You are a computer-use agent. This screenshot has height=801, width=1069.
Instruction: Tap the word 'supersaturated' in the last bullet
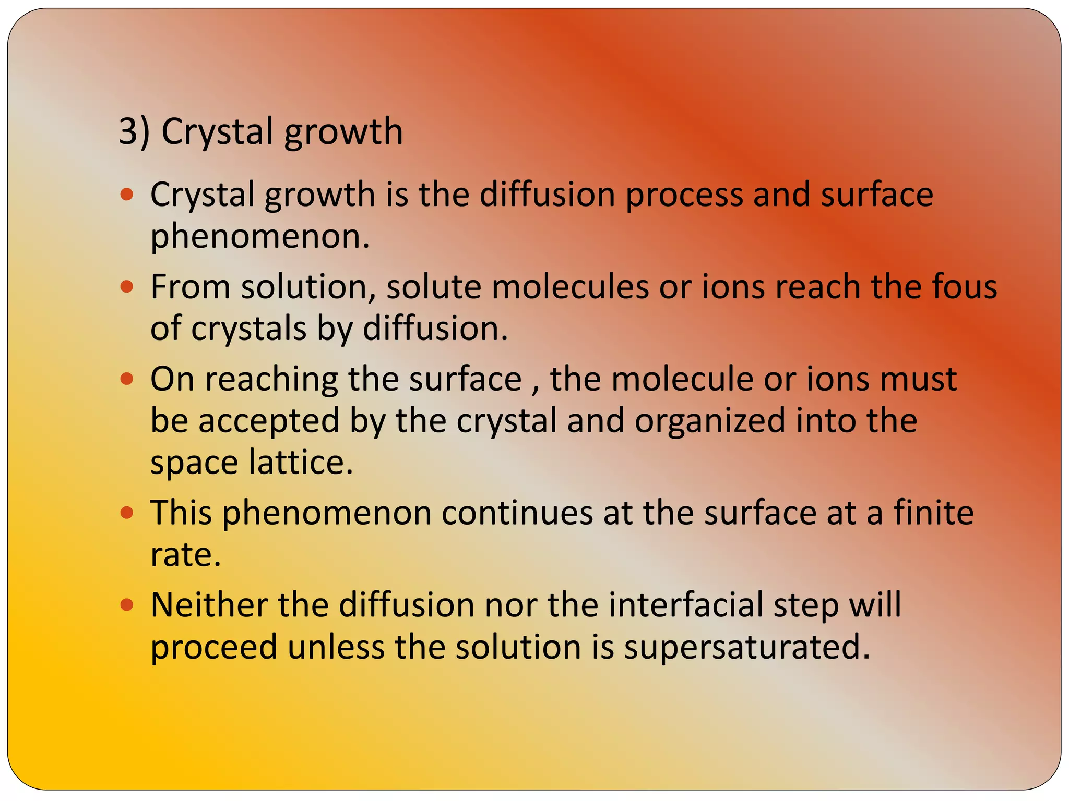[x=747, y=647]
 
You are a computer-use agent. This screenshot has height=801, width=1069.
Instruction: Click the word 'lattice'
[x=301, y=462]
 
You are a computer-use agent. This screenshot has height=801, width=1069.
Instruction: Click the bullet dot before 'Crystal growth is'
[x=127, y=195]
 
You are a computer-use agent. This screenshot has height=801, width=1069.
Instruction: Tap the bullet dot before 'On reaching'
[x=127, y=379]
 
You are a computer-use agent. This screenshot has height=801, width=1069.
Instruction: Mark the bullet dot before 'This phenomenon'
[x=127, y=513]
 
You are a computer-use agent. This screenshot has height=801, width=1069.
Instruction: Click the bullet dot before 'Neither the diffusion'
[x=127, y=605]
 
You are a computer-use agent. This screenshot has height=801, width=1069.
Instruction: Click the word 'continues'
[x=517, y=513]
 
